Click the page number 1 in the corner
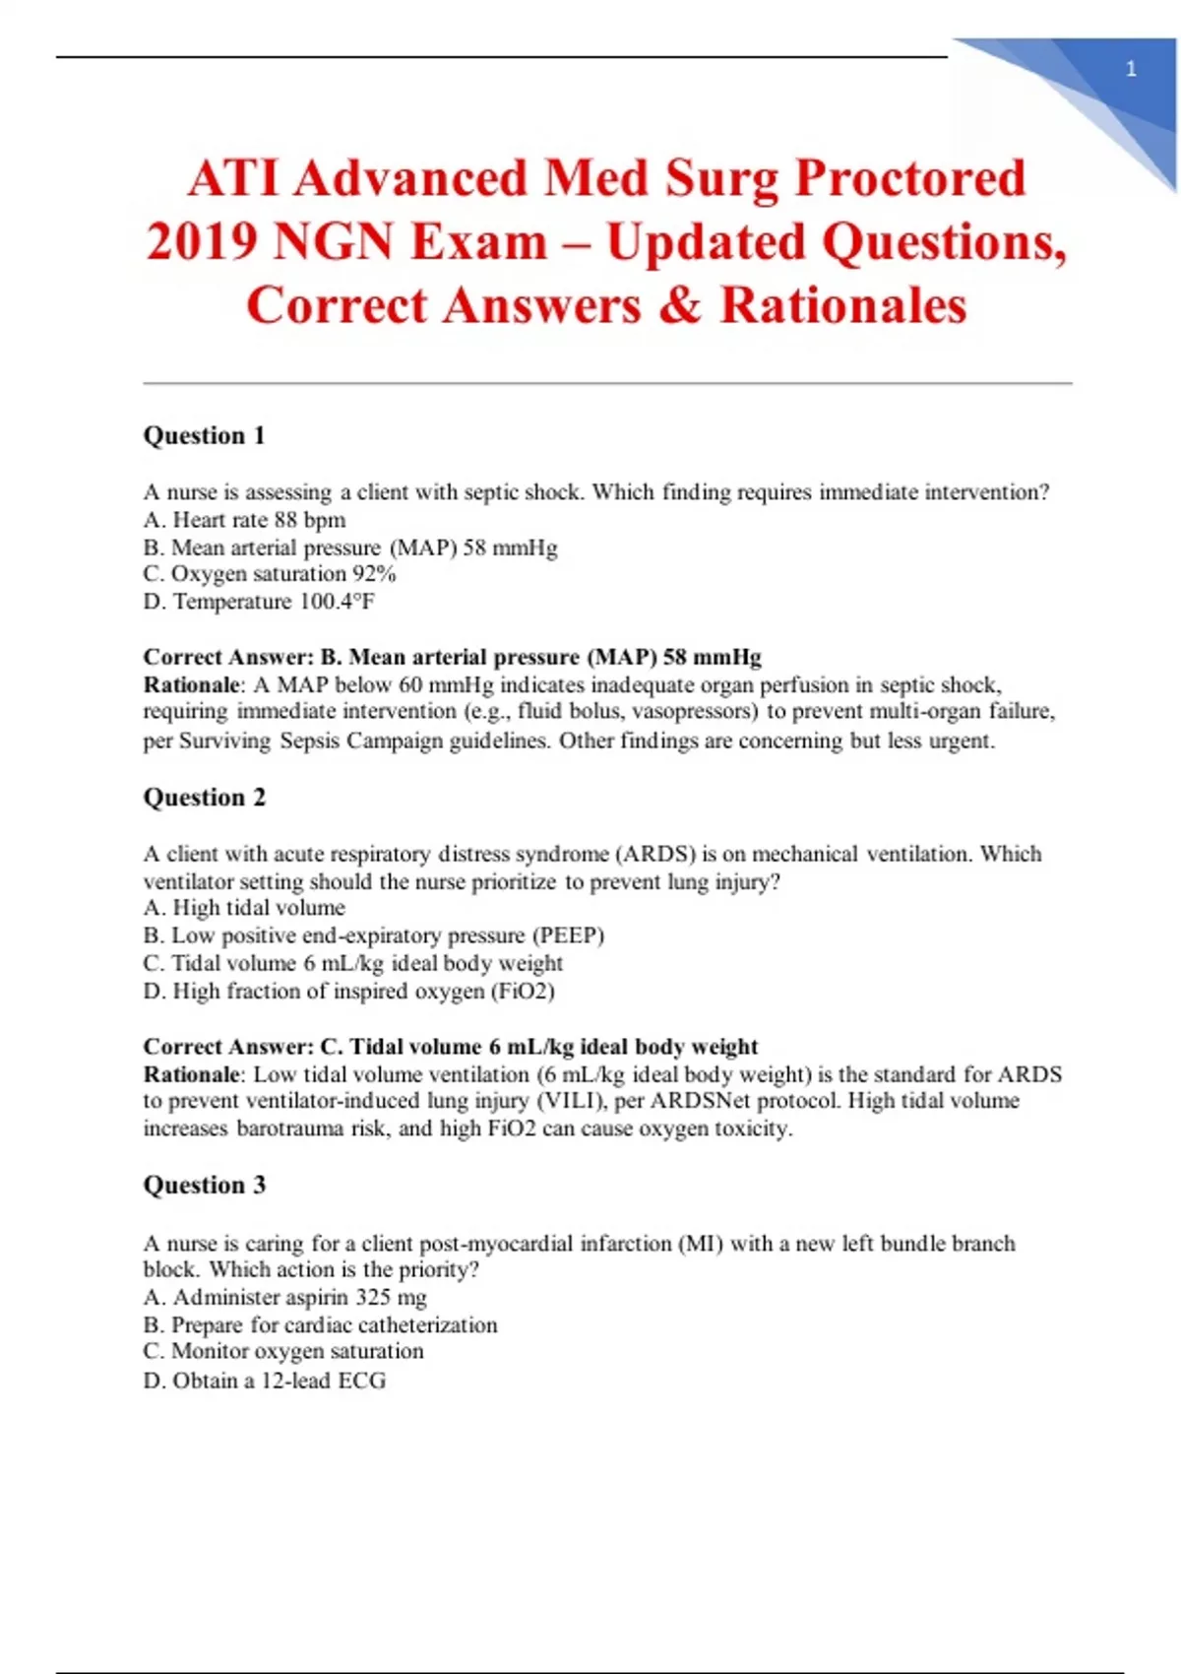pos(1131,69)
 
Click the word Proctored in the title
pos(910,178)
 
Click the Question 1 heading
pos(205,435)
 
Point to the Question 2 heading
pos(205,797)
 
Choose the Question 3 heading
pos(205,1185)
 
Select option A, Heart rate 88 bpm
pos(244,520)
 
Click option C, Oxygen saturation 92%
pos(269,574)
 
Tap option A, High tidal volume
pos(244,908)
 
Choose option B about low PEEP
pos(373,935)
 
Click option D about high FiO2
pos(348,991)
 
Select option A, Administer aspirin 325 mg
pos(284,1297)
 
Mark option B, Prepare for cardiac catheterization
pos(320,1324)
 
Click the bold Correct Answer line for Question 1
pos(452,657)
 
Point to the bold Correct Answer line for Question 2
pos(450,1046)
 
